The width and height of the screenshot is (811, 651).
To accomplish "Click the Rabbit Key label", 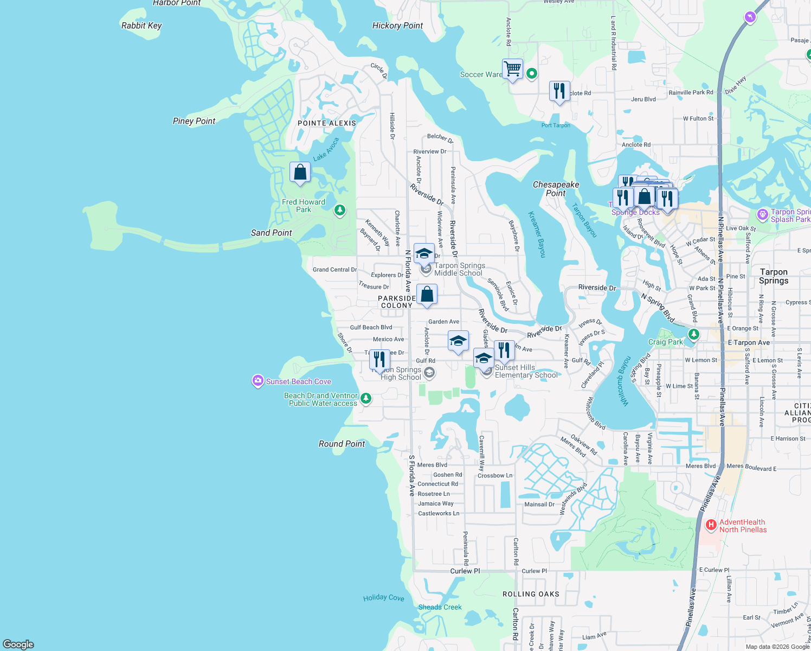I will (141, 25).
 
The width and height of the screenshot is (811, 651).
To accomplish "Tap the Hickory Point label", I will (397, 25).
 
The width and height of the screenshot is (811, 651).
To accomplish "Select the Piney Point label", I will (194, 121).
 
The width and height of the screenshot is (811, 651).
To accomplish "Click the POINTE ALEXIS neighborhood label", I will (327, 123).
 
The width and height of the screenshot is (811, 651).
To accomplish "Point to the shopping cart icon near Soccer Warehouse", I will (512, 69).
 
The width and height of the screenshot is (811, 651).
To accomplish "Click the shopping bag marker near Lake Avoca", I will (300, 173).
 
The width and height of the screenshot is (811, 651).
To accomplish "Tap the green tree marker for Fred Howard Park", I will (340, 210).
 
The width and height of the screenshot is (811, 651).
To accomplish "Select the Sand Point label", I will (271, 233).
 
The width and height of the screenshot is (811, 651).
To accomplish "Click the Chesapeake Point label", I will (556, 189).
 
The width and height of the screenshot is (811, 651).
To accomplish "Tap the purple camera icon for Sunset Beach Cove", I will (258, 381).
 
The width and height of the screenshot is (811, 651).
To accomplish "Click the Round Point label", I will (342, 444).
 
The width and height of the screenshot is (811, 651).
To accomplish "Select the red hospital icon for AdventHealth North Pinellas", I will (711, 525).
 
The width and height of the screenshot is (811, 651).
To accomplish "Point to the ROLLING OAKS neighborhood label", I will (531, 594).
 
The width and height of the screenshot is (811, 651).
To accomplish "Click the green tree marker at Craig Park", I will (693, 335).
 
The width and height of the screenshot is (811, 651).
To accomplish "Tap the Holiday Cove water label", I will (384, 597).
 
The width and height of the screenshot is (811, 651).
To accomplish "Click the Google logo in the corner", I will (18, 644).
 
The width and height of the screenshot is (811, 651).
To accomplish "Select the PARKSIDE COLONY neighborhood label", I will (397, 302).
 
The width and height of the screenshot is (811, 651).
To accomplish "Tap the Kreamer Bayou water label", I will (537, 234).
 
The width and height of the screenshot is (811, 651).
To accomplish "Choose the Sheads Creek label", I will (440, 607).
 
